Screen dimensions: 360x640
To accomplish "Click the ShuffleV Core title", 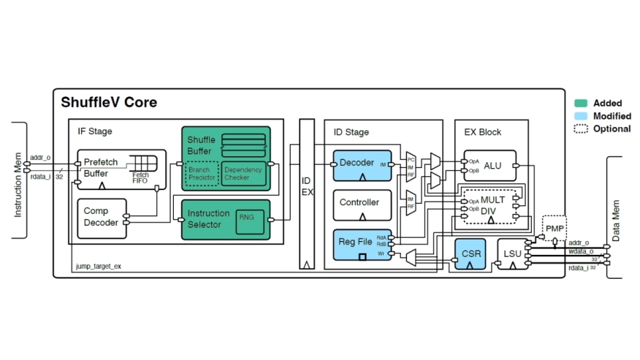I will [109, 102].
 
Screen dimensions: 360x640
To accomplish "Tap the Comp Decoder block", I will [101, 217].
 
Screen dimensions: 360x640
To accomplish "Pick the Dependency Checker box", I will [242, 174].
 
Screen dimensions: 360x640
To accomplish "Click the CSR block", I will [470, 254].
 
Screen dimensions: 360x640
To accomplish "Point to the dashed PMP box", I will [555, 228].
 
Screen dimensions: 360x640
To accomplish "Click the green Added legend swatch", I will [582, 103].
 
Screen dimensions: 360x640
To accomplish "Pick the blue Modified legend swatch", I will [582, 116].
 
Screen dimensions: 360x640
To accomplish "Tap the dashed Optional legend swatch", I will [582, 129].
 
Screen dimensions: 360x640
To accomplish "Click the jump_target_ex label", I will [99, 267].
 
